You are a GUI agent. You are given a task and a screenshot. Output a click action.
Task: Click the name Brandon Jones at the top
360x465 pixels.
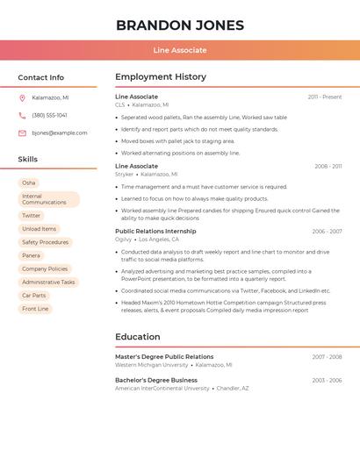pos(180,25)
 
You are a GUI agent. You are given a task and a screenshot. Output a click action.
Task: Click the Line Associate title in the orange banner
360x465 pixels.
pos(180,50)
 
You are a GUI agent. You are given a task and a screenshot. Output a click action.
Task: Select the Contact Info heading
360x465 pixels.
pos(40,77)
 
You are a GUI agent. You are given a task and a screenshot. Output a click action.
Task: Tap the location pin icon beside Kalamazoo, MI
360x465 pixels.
pos(22,98)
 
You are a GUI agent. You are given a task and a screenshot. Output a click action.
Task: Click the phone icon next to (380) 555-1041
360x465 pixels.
pos(22,116)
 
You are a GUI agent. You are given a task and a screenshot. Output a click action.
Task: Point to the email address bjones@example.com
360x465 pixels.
pos(60,133)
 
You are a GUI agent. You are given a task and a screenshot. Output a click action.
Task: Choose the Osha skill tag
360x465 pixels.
pos(29,182)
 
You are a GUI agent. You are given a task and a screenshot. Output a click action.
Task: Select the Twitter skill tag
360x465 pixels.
pos(32,216)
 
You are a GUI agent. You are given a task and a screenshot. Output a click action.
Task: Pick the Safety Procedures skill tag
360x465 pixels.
pos(45,242)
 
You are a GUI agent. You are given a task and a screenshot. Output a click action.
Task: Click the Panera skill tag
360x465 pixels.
pos(31,255)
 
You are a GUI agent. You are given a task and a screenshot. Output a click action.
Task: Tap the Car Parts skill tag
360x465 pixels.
pos(34,296)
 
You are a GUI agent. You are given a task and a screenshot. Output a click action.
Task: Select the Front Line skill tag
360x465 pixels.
pos(35,309)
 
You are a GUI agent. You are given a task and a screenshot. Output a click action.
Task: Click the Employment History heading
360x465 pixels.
pos(161,77)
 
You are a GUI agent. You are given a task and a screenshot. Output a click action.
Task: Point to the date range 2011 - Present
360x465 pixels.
pos(325,97)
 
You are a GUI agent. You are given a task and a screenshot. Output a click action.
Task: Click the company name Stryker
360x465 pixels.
pos(124,175)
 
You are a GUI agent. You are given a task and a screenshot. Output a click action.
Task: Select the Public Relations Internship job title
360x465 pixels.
pos(155,231)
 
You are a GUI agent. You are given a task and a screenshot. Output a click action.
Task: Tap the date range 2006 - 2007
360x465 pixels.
pos(327,232)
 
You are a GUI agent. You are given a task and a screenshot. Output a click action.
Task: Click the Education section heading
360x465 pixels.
pos(138,337)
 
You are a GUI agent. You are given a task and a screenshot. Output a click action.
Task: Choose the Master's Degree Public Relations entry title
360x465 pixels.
pos(164,357)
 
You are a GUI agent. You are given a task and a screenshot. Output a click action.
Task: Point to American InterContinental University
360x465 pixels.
pos(162,388)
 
